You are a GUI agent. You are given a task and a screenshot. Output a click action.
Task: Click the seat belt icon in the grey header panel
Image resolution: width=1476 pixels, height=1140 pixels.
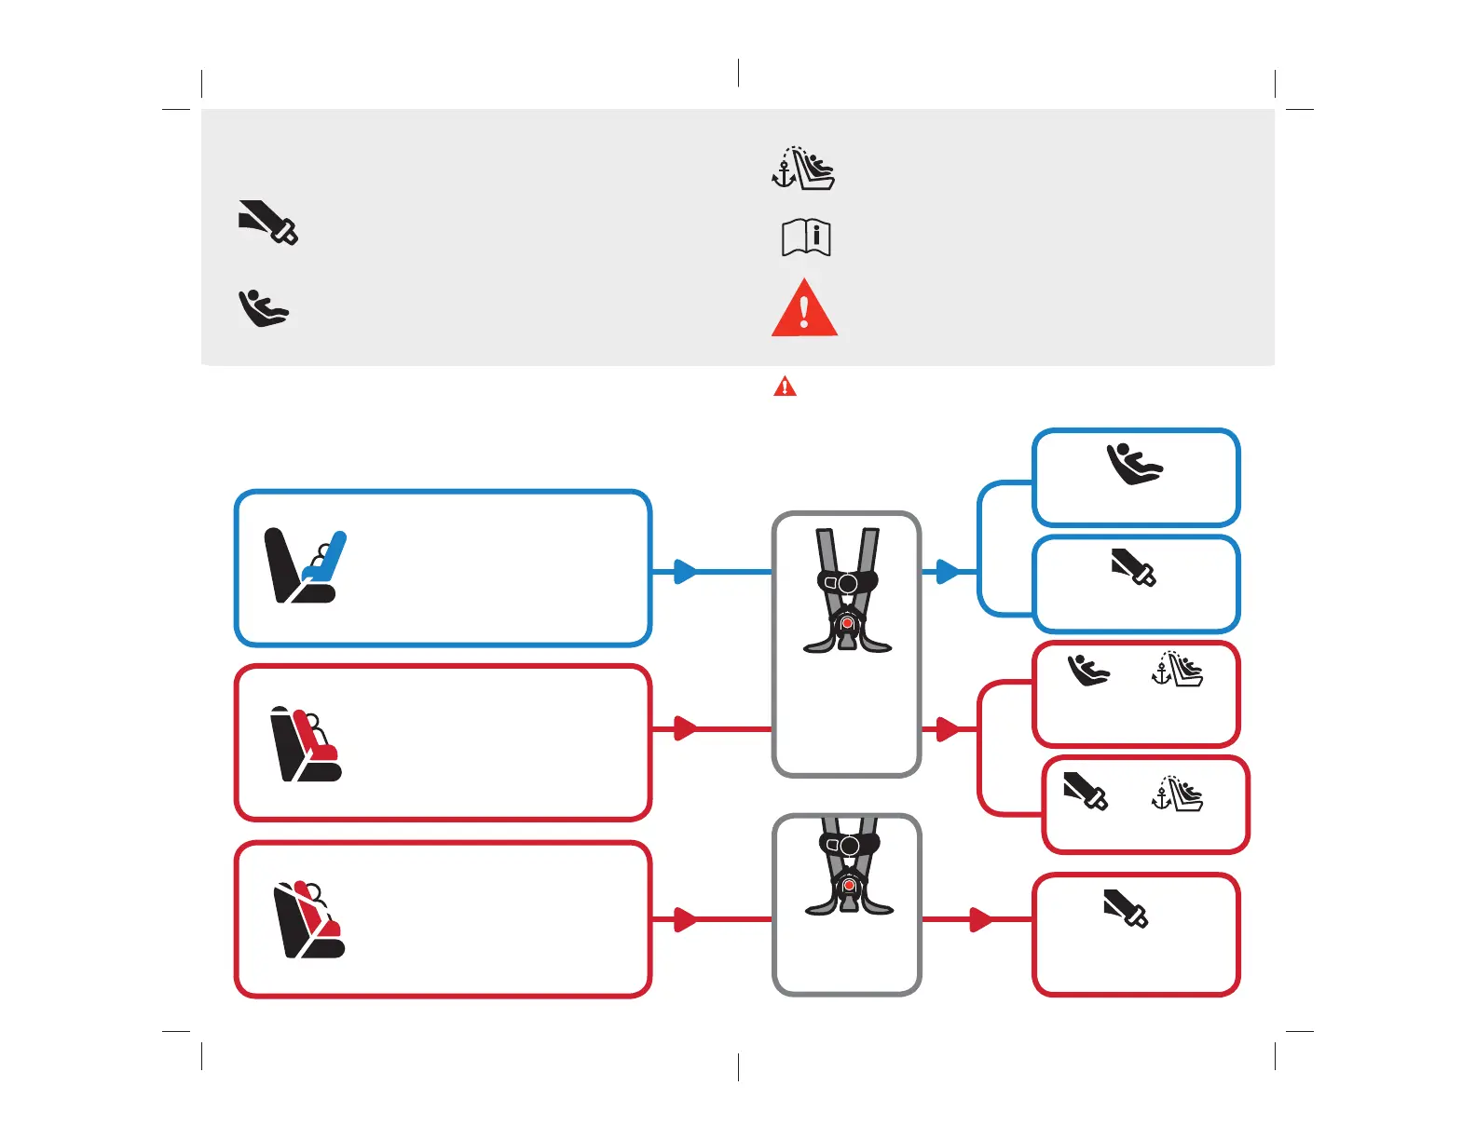point(267,222)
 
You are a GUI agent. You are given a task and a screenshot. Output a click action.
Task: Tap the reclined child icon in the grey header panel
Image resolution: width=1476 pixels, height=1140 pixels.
point(264,308)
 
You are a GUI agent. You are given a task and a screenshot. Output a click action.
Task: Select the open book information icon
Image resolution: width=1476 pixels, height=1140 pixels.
point(805,237)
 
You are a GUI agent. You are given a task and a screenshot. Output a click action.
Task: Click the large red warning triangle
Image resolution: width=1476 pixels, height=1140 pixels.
point(804,309)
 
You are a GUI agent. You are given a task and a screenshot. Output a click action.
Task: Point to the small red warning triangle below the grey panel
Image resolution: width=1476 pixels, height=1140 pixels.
point(785,386)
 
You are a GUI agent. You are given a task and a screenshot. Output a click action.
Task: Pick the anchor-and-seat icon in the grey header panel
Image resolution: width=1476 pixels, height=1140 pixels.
point(803,169)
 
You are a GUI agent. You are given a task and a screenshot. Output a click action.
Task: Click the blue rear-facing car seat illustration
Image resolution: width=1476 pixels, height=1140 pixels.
point(305,566)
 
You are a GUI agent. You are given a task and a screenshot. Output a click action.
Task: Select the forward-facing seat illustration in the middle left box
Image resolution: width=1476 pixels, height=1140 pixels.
point(306,744)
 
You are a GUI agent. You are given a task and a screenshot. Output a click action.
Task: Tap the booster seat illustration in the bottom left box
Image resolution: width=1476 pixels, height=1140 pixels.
point(308,919)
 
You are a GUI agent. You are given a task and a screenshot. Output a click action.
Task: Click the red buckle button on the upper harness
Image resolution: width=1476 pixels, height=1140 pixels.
point(847,622)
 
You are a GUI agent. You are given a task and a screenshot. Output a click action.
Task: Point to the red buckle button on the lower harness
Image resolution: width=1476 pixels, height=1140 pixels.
point(848,886)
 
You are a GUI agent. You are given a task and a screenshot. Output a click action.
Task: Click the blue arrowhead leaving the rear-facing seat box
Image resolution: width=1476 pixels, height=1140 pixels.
point(685,571)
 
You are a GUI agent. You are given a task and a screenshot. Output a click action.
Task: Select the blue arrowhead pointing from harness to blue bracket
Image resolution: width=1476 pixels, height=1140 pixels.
point(948,571)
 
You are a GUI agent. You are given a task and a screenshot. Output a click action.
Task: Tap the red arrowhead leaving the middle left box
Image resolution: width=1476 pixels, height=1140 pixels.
point(685,728)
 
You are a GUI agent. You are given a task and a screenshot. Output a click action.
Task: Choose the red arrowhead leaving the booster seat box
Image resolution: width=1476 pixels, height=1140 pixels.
point(685,919)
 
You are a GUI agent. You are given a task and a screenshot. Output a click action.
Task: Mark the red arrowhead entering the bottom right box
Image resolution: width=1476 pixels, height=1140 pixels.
point(981,919)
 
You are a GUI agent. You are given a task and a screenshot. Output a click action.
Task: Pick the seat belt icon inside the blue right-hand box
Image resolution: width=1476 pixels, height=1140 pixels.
point(1133,567)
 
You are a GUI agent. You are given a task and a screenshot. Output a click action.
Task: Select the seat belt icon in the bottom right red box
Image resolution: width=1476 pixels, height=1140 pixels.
point(1126,908)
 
